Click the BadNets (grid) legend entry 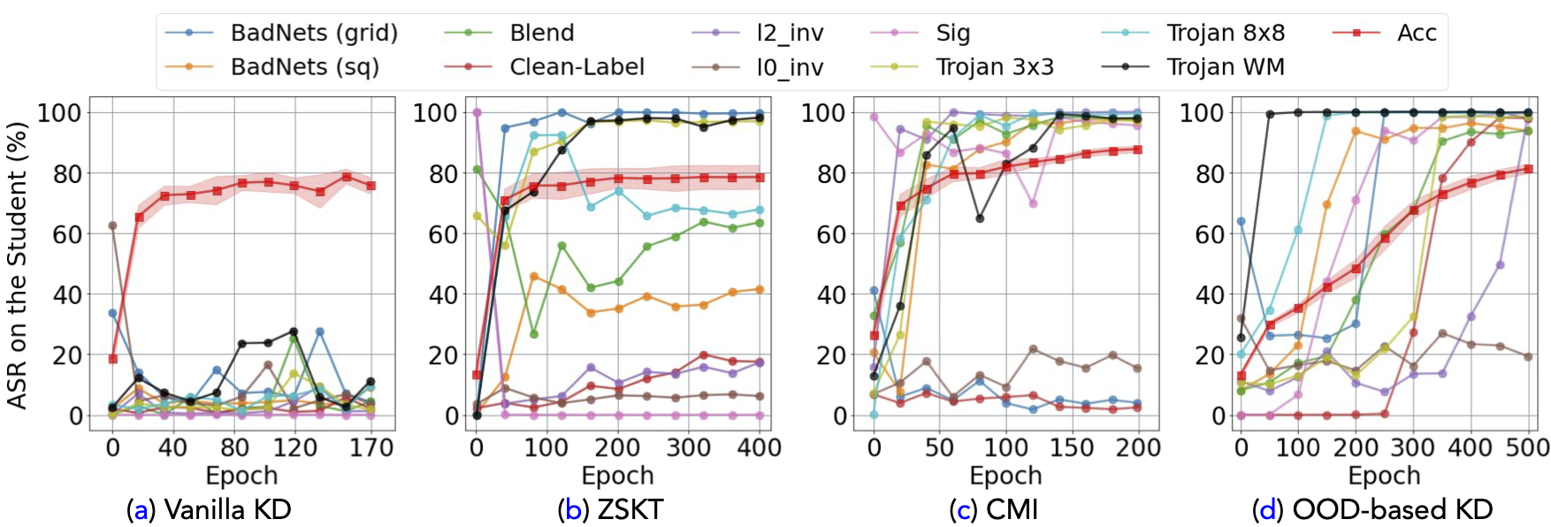tap(313, 33)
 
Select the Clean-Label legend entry tap(576, 66)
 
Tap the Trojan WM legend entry tap(1225, 66)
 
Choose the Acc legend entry tap(1416, 33)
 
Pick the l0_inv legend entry tap(789, 66)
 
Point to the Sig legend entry tap(952, 33)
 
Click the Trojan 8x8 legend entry tap(1225, 33)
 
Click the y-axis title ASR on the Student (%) tap(17, 264)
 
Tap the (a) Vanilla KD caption tap(209, 509)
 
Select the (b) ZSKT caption tap(610, 509)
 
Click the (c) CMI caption tap(993, 509)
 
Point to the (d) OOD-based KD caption tap(1372, 509)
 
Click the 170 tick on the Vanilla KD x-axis tap(371, 447)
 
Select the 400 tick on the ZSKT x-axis tap(759, 447)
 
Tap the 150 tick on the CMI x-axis tap(1072, 447)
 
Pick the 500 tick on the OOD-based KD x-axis tap(1527, 447)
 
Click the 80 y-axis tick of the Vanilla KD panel tap(67, 173)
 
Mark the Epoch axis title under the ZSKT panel tap(617, 476)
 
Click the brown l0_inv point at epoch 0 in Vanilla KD tap(112, 225)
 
